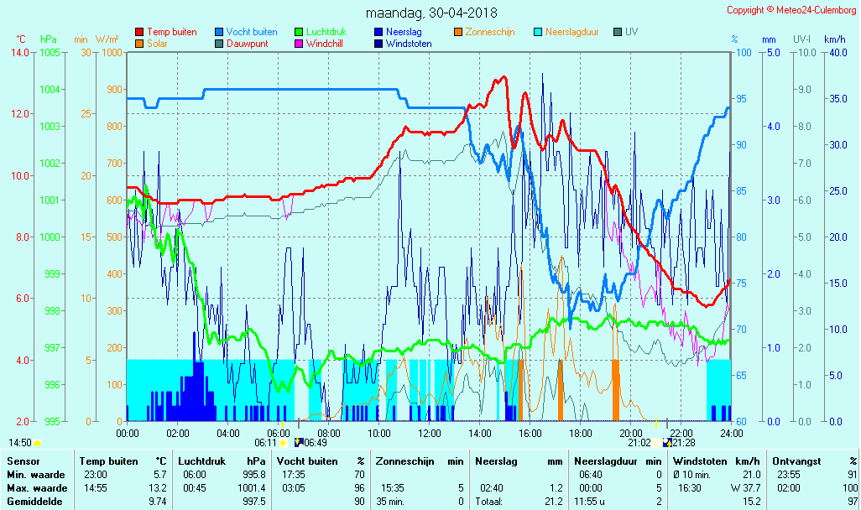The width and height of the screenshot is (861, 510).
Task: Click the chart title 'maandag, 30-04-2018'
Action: click(431, 13)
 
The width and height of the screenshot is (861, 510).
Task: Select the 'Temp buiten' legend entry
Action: click(171, 32)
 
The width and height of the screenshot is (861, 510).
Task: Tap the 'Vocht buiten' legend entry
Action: click(252, 32)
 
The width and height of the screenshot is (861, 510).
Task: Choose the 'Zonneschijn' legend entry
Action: click(489, 32)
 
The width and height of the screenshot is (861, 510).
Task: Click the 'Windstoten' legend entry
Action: click(409, 44)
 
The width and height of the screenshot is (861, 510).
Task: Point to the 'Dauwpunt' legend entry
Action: click(247, 44)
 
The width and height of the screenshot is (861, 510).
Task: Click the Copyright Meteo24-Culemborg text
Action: click(792, 10)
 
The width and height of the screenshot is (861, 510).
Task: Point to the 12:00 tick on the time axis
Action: click(430, 433)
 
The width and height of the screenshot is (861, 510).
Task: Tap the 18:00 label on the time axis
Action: click(581, 433)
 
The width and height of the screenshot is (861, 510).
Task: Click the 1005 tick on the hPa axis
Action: click(50, 53)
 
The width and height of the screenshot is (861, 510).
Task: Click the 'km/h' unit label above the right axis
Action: click(834, 39)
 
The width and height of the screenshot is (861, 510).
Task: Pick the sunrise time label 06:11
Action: click(265, 443)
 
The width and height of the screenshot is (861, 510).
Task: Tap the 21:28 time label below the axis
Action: click(684, 443)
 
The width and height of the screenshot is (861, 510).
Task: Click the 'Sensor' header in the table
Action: click(22, 461)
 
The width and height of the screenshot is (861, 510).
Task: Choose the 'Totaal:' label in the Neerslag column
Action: click(490, 502)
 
